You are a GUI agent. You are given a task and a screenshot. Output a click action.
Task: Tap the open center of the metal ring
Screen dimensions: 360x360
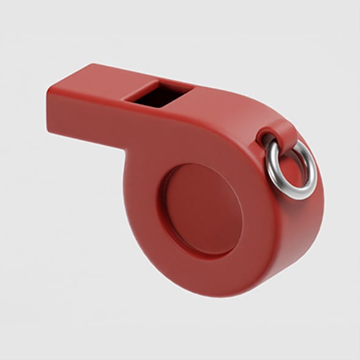point(292,165)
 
